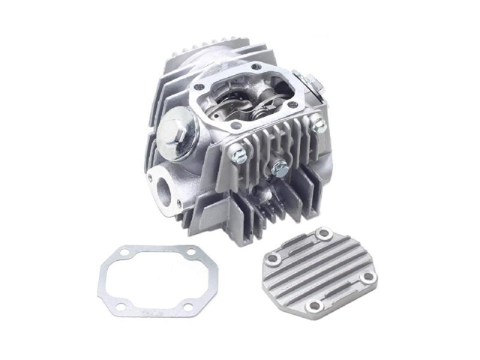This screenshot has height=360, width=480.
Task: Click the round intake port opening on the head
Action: tap(164, 186)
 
